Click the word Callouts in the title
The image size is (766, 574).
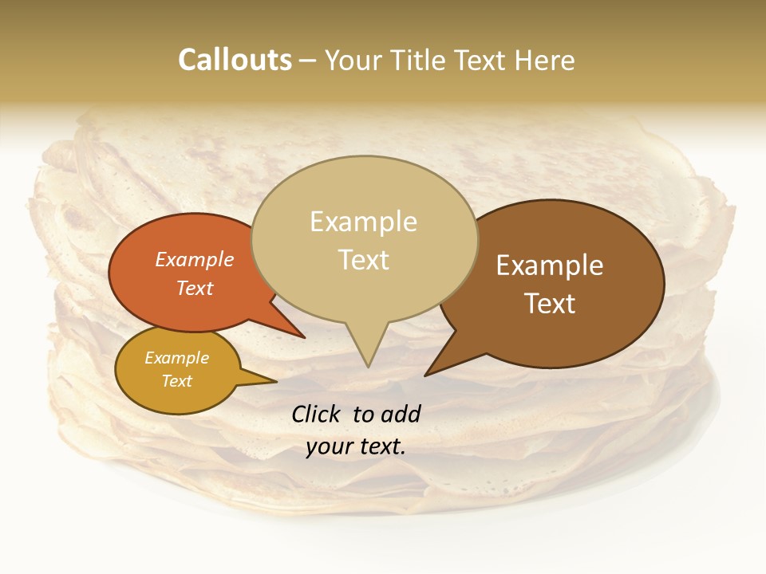point(235,60)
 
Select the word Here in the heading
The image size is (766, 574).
point(547,60)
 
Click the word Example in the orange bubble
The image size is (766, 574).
point(195,259)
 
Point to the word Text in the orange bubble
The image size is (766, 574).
point(195,288)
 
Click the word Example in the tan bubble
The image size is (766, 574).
point(363,222)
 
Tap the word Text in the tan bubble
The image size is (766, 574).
point(364,260)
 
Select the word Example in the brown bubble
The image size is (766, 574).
point(550,265)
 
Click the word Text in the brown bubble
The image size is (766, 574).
point(551,304)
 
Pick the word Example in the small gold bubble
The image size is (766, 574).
point(176,358)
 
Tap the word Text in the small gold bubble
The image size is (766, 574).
point(176,381)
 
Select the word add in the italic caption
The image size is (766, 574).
point(401,414)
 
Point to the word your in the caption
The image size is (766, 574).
point(329,446)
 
